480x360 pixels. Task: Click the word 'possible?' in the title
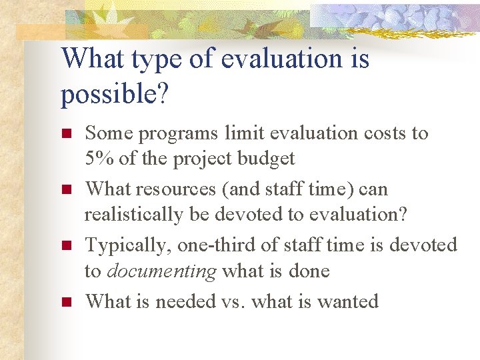click(x=114, y=95)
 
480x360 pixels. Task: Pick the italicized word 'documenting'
click(x=161, y=271)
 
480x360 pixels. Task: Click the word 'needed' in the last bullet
click(x=186, y=301)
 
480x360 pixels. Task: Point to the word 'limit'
click(x=241, y=133)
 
